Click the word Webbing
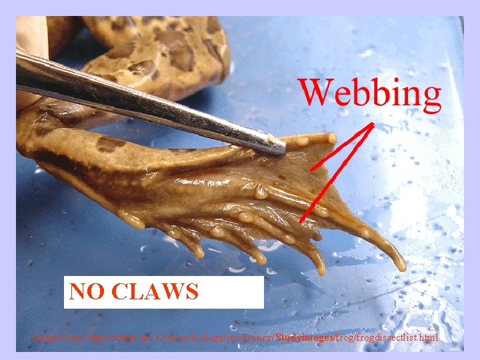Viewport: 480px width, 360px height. [x=369, y=93]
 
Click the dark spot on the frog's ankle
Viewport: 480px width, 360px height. [x=109, y=143]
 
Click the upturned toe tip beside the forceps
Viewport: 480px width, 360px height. [x=331, y=138]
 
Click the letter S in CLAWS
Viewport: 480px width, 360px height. [x=190, y=292]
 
